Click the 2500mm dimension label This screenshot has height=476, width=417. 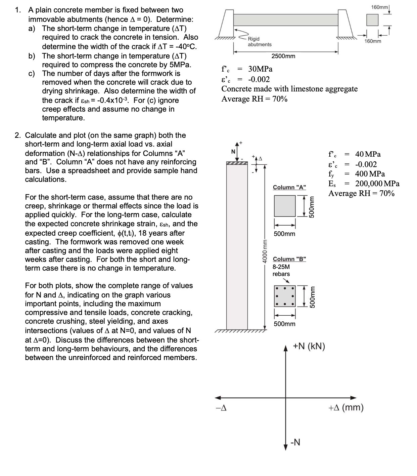point(283,56)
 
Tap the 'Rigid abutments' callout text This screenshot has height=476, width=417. point(259,42)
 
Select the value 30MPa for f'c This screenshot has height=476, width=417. point(260,69)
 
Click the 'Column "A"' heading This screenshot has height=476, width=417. point(289,187)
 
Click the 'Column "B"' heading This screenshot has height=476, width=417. point(289,259)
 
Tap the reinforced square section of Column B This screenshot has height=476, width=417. point(285,296)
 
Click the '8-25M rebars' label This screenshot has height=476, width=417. point(281,270)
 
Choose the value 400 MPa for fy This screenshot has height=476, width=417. point(370,174)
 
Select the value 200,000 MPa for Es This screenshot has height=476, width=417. point(377,184)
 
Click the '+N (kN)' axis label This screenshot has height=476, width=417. point(309,346)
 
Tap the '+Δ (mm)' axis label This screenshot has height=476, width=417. point(346,408)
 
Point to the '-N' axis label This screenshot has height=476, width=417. point(295,442)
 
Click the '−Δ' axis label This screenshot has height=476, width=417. point(221,408)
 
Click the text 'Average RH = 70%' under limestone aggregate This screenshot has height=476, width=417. point(254,99)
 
